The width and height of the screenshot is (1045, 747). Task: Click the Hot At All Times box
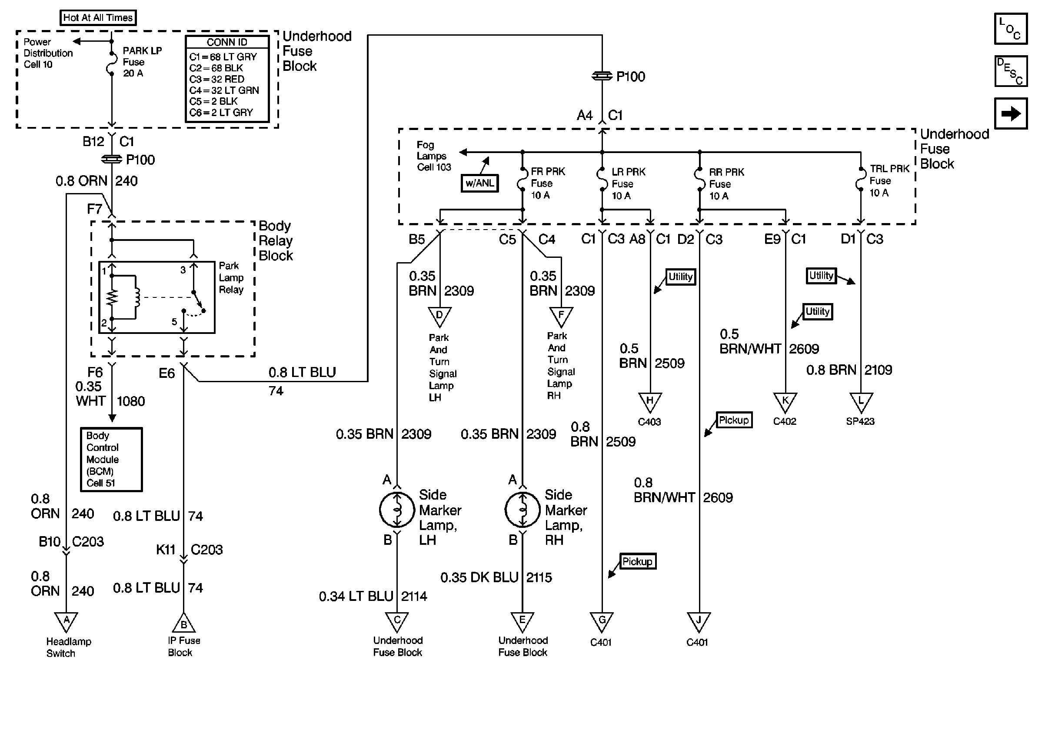click(x=98, y=18)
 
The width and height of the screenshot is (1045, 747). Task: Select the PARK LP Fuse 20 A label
click(x=142, y=62)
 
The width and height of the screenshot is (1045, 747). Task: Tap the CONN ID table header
click(x=226, y=42)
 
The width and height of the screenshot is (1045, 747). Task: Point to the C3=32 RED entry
click(x=216, y=79)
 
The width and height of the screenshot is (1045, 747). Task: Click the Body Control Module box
click(x=111, y=459)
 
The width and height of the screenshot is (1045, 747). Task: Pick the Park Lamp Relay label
click(x=231, y=278)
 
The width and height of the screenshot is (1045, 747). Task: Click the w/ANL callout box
click(x=479, y=183)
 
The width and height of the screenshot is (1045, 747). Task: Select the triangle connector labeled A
click(x=66, y=621)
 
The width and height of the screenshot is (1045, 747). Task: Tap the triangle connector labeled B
click(x=183, y=623)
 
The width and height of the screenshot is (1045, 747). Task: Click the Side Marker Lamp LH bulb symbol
click(x=397, y=509)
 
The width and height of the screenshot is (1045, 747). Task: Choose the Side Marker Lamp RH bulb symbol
click(x=522, y=509)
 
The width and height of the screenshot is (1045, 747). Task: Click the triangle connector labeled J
click(x=699, y=621)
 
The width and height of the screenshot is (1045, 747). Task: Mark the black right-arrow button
click(x=1011, y=113)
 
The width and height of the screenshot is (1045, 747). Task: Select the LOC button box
click(x=1011, y=29)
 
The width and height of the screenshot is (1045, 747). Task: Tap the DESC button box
click(x=1011, y=71)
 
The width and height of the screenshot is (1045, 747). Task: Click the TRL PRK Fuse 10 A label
click(x=889, y=181)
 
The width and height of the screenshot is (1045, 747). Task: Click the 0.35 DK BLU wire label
click(x=479, y=578)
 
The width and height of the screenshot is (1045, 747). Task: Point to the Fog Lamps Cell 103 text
click(x=433, y=157)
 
